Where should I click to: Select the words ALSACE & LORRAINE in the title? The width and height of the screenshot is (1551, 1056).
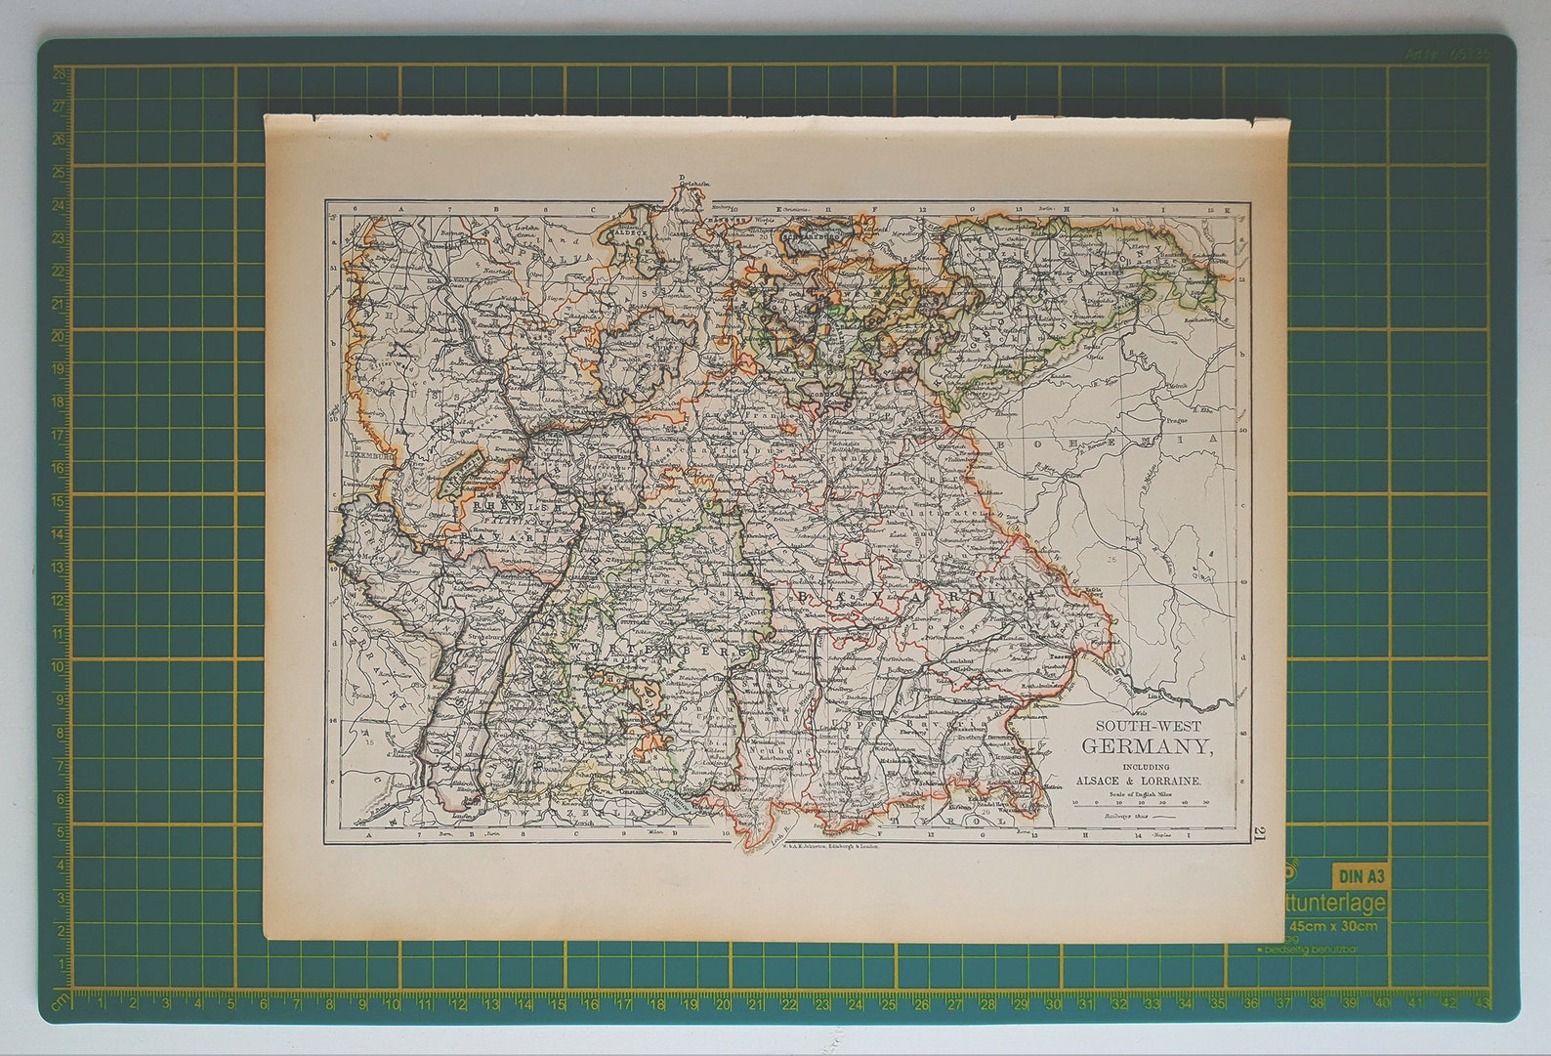click(1139, 781)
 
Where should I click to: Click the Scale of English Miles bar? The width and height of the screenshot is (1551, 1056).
click(1139, 802)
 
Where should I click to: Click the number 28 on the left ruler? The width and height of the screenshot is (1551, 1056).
click(58, 73)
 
